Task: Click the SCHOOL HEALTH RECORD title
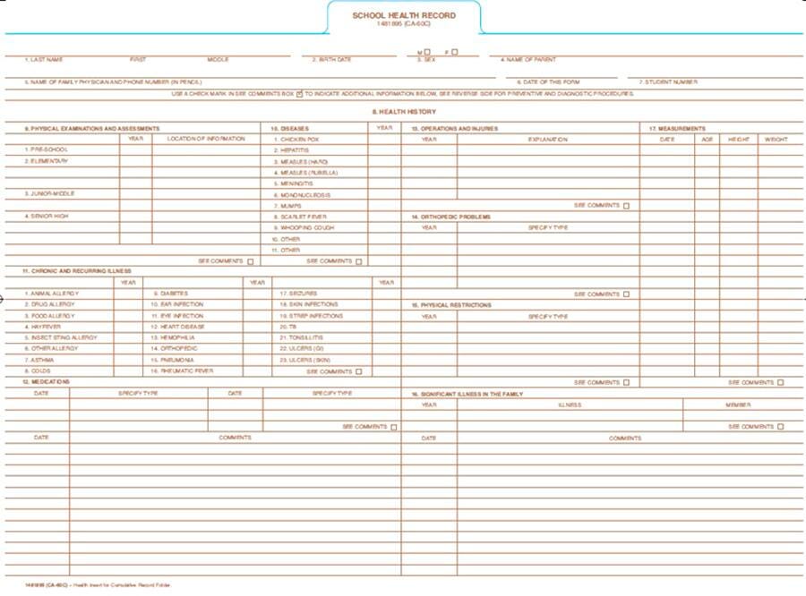tap(403, 15)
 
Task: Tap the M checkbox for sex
tap(427, 52)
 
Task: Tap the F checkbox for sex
tap(455, 52)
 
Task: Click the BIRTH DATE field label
tap(331, 60)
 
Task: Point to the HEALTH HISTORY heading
tap(404, 112)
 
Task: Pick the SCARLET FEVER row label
tap(301, 217)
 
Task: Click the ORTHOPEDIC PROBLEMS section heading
tap(451, 217)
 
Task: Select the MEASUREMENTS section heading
tap(677, 129)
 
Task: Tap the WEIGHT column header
tap(776, 140)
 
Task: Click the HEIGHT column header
tap(738, 140)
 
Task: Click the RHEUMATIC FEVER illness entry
tap(183, 370)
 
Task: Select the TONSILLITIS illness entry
tap(300, 337)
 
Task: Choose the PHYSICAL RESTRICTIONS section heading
tap(451, 305)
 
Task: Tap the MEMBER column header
tap(738, 404)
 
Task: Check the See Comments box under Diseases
tap(358, 261)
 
